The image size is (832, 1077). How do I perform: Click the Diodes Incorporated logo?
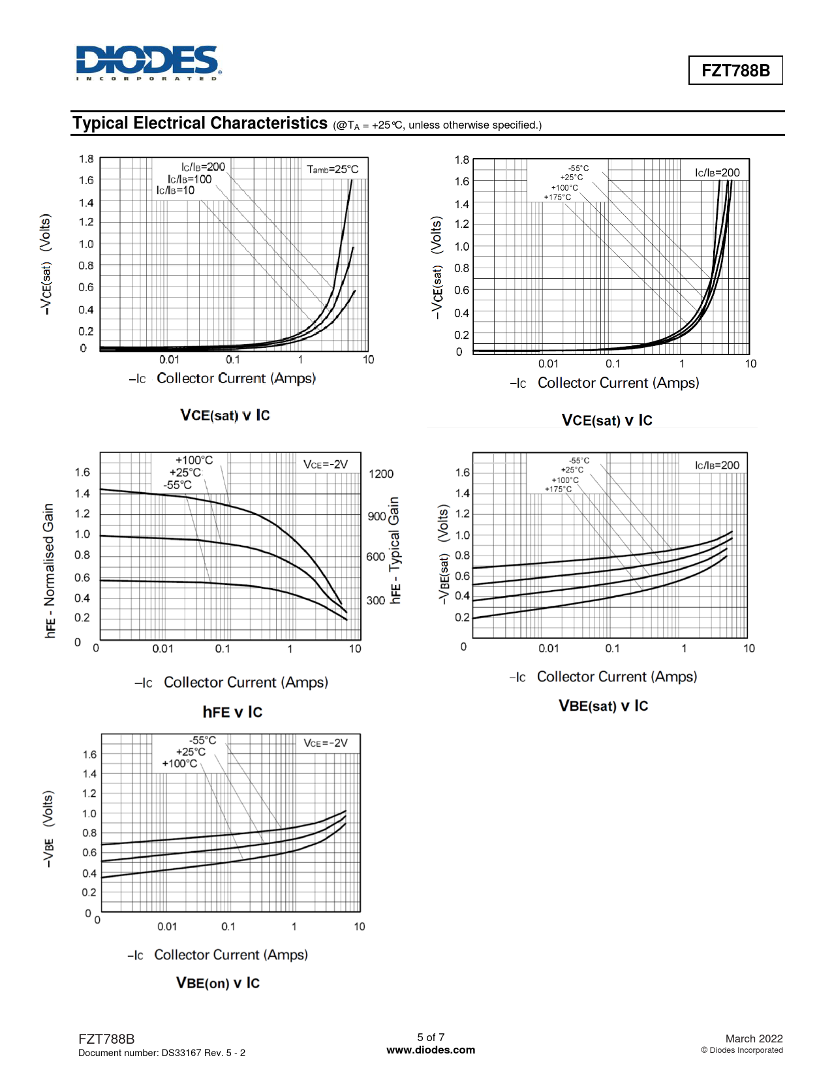(149, 63)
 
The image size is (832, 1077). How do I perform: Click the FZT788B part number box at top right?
(735, 70)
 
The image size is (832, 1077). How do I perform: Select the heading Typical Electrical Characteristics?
(200, 123)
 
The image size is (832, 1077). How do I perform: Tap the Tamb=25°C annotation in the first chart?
(333, 169)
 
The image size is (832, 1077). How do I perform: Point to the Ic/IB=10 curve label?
(175, 191)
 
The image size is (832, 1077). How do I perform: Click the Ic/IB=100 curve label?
(189, 179)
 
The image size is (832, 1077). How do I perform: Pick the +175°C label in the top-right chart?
(557, 197)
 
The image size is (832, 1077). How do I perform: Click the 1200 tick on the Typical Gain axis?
(381, 474)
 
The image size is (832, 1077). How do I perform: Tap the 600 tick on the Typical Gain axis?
(375, 557)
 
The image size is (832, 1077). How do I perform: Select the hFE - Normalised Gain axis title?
(50, 570)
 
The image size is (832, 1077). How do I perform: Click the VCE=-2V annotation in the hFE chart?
(326, 465)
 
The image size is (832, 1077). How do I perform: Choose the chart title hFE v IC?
(232, 712)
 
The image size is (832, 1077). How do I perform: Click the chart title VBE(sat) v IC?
(604, 706)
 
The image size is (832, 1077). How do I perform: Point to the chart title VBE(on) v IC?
(218, 983)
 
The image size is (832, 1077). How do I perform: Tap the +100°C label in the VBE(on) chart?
(179, 764)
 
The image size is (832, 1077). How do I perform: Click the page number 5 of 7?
(431, 1037)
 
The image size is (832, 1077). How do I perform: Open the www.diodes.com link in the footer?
(431, 1050)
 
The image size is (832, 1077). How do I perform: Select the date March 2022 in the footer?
(754, 1038)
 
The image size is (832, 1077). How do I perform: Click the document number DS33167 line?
(162, 1053)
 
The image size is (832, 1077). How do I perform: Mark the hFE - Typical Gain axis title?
(395, 550)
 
